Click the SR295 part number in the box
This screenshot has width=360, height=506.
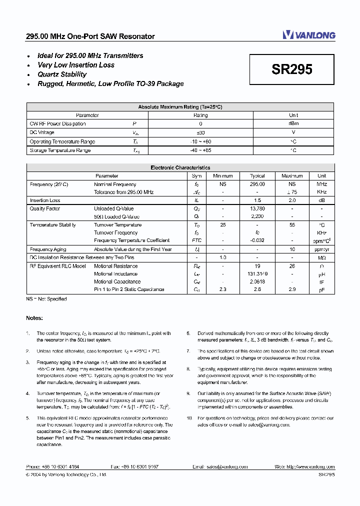coord(292,69)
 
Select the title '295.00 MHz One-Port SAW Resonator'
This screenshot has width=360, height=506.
coord(90,36)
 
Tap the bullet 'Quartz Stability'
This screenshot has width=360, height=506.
coord(62,74)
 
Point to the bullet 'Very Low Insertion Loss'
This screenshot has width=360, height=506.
coord(76,65)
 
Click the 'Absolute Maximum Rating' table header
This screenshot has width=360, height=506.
coord(180,107)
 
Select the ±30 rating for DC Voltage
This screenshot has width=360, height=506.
coord(200,132)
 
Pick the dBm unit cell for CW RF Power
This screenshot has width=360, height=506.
coord(293,123)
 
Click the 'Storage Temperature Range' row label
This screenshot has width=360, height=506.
coord(60,150)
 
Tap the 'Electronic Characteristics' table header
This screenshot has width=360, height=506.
coord(180,168)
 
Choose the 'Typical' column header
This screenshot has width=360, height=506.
coord(257,176)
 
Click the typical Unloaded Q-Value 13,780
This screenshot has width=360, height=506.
coord(257,208)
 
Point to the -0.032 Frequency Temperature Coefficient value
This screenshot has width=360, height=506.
coord(257,240)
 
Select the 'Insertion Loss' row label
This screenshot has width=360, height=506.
coord(45,200)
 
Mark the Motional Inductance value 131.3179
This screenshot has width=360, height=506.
coord(257,274)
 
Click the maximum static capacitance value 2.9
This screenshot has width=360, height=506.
coord(292,289)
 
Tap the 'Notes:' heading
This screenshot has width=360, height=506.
coord(34,318)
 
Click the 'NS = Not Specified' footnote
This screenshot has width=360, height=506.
coord(46,299)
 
